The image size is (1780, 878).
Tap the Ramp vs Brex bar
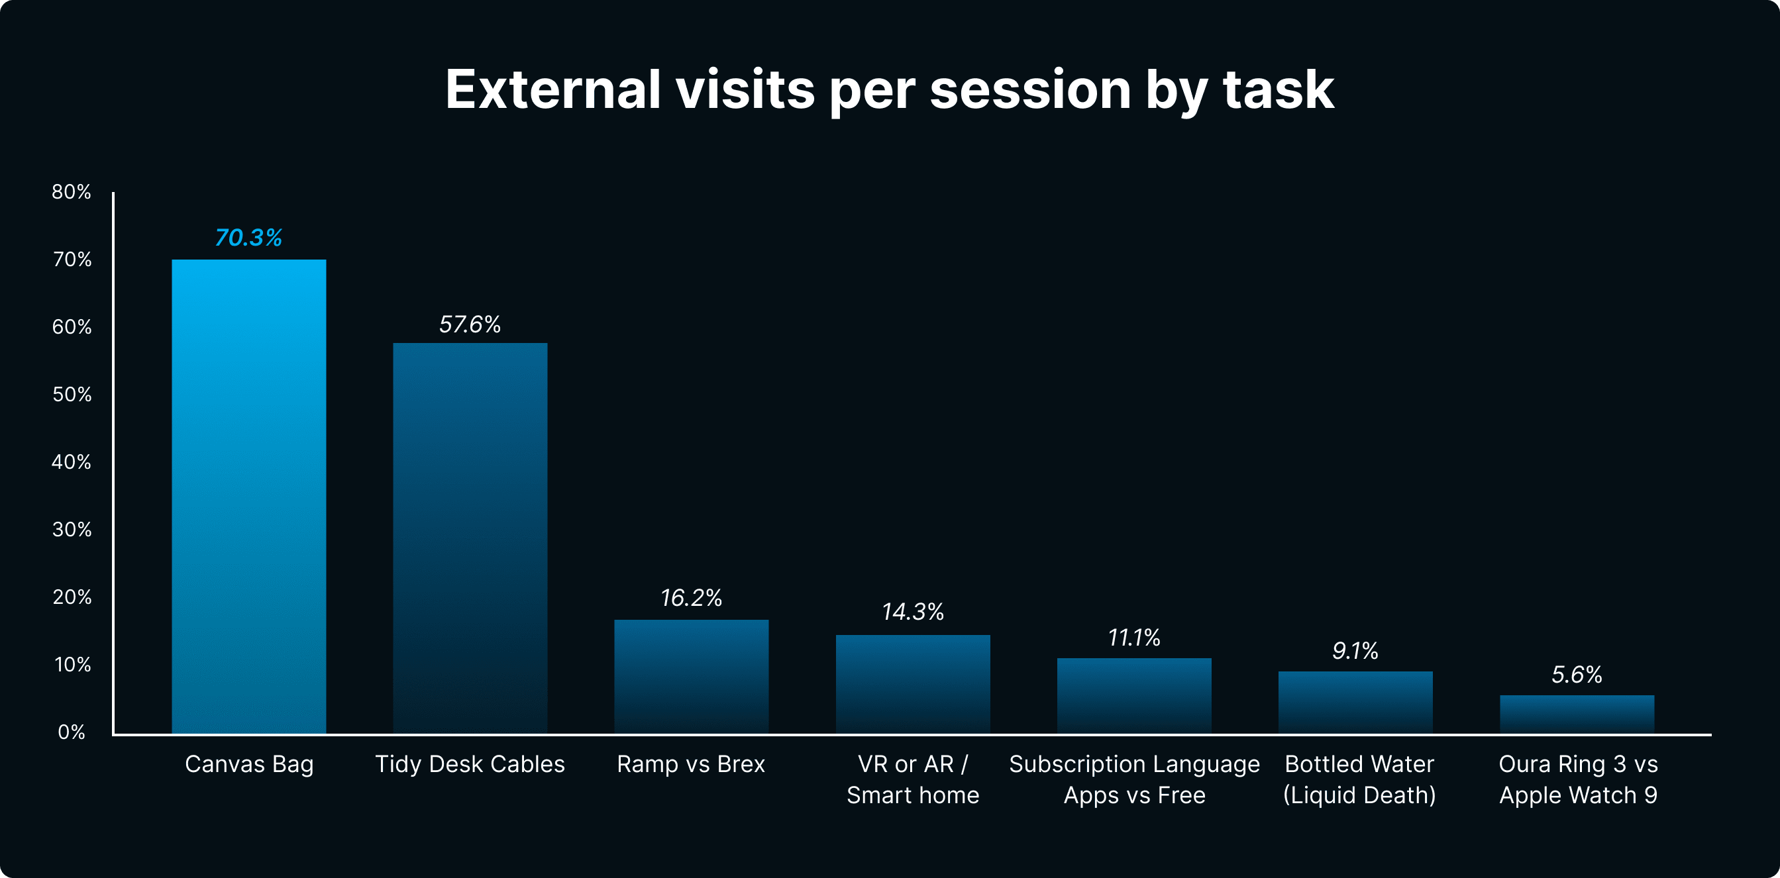tap(691, 676)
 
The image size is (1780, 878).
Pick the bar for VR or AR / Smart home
tap(913, 684)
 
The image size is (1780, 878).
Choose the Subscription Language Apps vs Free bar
tap(1134, 695)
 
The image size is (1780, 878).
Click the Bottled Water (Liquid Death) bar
tap(1355, 702)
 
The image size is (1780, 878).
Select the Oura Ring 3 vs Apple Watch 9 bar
tap(1577, 714)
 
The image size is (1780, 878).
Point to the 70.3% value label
tap(249, 238)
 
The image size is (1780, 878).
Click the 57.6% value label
tap(470, 324)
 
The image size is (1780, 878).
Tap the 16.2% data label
tap(691, 597)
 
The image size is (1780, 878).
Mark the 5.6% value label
tap(1577, 674)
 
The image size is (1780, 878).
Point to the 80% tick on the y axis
tap(71, 191)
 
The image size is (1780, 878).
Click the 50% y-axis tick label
tap(72, 395)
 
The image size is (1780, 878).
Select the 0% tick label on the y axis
tap(72, 732)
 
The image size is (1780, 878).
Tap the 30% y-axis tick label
tap(72, 529)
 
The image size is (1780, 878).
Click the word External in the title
tap(552, 89)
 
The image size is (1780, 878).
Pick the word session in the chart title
tap(1029, 89)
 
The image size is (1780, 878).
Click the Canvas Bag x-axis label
tap(249, 764)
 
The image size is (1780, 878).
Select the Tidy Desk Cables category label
tap(470, 764)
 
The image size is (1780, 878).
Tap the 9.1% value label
tap(1355, 650)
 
